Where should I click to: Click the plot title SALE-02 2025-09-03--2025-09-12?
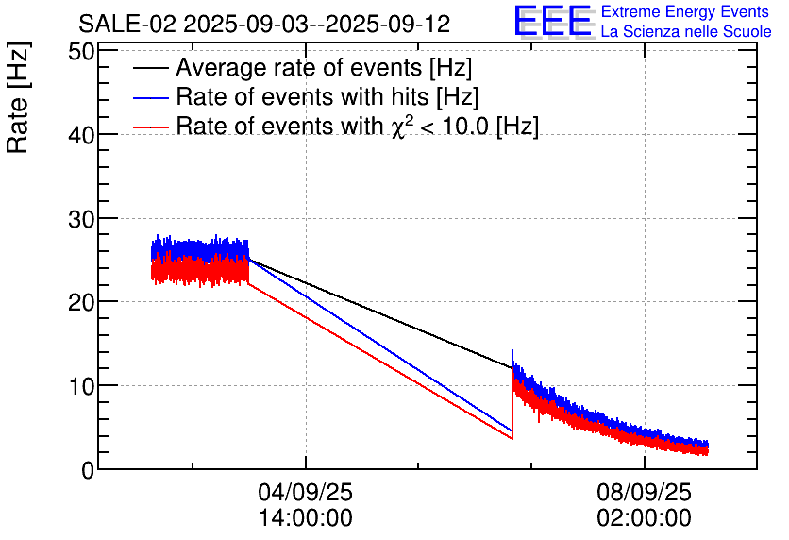[x=264, y=24]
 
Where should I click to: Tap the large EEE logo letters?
[x=552, y=22]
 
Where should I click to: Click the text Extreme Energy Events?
[x=685, y=12]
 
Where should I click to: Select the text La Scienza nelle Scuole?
[x=685, y=32]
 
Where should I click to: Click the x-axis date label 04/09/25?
[x=305, y=493]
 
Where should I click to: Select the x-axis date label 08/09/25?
[x=644, y=493]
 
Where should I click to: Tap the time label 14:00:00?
[x=305, y=518]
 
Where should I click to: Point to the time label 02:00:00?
[x=644, y=518]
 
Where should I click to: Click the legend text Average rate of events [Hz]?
[x=324, y=69]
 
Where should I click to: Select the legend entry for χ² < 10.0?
[x=357, y=126]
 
